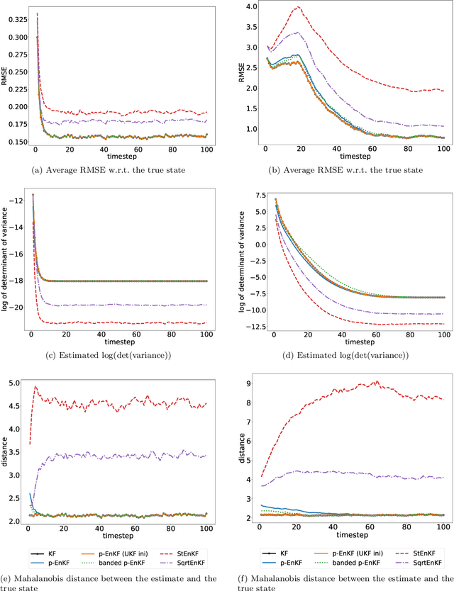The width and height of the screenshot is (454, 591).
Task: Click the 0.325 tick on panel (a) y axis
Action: tap(14, 13)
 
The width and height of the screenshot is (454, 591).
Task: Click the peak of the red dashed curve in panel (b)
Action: tap(299, 7)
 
